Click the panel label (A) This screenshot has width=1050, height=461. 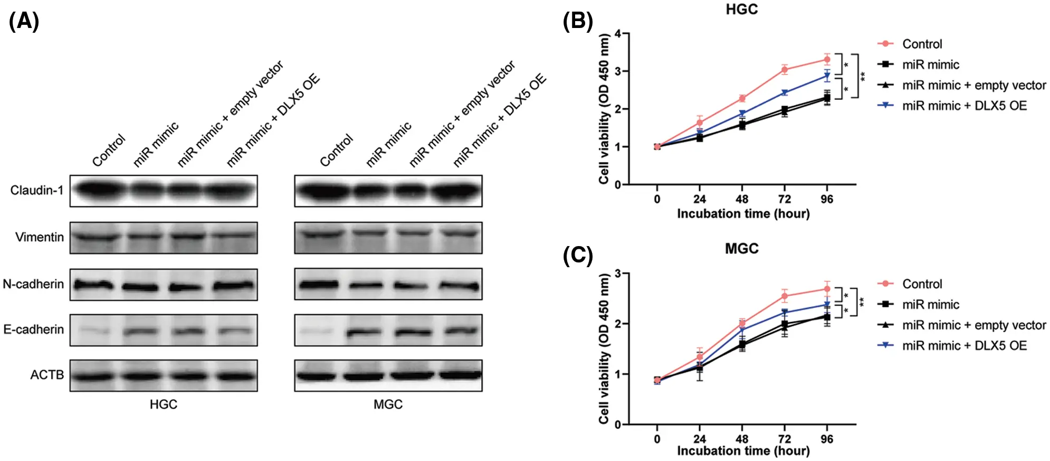[24, 22]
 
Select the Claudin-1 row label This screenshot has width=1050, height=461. [36, 190]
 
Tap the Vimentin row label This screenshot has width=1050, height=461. [39, 237]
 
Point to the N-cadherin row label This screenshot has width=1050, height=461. [33, 284]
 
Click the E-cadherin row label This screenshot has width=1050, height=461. [33, 330]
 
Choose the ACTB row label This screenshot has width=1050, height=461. [46, 375]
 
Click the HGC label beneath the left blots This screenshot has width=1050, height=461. [163, 404]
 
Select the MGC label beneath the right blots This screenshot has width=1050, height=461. [388, 404]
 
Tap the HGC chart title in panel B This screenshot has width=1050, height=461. [741, 10]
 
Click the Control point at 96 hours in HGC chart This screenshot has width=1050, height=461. [827, 59]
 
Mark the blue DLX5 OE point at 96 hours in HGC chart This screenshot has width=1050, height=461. [827, 76]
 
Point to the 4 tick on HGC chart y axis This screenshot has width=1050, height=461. [618, 34]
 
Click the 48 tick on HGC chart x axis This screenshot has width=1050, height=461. [742, 199]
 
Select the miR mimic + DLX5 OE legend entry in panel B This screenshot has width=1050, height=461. [964, 106]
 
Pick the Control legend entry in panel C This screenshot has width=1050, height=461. [921, 284]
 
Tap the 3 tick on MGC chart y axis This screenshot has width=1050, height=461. [618, 274]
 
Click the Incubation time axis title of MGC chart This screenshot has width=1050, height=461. [743, 451]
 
